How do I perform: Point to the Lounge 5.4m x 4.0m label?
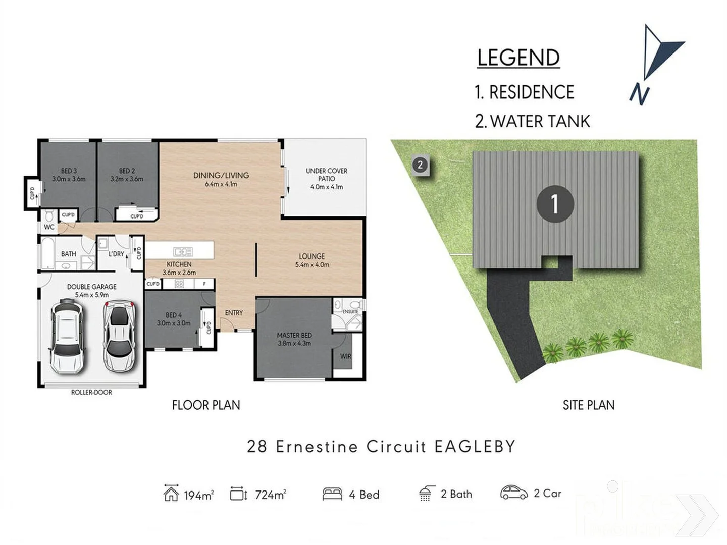(x=312, y=260)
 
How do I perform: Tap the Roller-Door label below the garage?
(x=91, y=392)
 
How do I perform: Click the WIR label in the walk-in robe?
(x=345, y=356)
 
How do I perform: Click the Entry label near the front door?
(x=234, y=313)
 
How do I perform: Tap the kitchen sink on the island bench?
(x=182, y=251)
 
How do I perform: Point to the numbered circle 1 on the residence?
(x=555, y=204)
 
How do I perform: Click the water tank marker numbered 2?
(x=420, y=165)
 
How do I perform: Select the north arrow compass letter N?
(x=639, y=93)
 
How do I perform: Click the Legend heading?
(x=518, y=58)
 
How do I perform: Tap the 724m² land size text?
(x=271, y=495)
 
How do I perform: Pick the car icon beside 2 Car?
(x=513, y=493)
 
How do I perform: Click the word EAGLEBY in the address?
(x=475, y=447)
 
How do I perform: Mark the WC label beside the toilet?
(x=49, y=227)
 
